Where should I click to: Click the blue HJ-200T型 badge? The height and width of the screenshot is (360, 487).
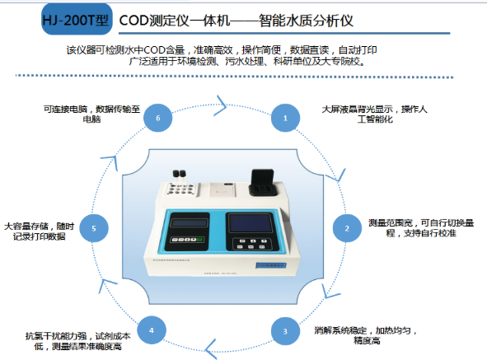click(77, 19)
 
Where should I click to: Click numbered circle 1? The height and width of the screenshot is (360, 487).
click(285, 118)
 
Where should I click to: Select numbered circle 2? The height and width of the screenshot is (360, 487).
click(347, 228)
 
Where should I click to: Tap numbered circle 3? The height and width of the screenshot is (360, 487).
click(285, 331)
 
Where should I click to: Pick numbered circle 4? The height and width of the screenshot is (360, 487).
click(152, 330)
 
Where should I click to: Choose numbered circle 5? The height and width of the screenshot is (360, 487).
click(94, 228)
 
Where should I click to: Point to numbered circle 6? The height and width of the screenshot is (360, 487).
click(157, 118)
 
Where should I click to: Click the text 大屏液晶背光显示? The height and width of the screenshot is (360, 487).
click(357, 110)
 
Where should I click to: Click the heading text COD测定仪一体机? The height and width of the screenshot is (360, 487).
click(175, 21)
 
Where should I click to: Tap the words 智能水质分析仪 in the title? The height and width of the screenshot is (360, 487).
click(306, 21)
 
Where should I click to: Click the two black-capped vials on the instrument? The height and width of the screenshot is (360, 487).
click(179, 176)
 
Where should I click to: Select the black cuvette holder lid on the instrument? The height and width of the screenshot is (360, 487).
click(263, 182)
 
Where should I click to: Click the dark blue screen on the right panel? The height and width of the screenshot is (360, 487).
click(251, 223)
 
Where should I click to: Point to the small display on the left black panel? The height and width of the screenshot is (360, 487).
click(189, 222)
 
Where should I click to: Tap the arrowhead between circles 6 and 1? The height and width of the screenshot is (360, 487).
click(221, 105)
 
